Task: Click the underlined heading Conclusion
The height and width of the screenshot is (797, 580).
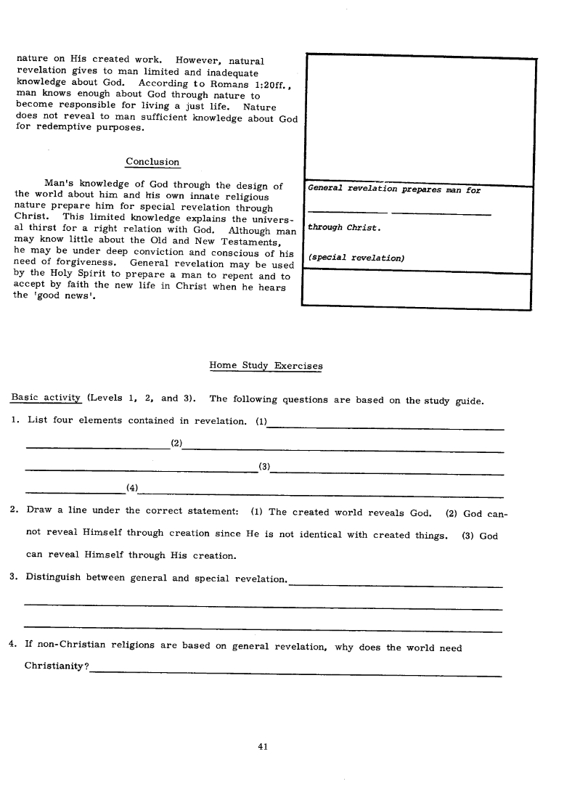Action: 152,162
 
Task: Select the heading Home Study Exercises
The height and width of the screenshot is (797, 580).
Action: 266,366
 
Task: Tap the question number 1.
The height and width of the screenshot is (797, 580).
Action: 15,420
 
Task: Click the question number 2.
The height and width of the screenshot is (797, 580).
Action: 15,511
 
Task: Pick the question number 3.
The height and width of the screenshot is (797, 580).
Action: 15,578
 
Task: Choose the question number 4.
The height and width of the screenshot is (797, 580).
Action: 15,647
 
